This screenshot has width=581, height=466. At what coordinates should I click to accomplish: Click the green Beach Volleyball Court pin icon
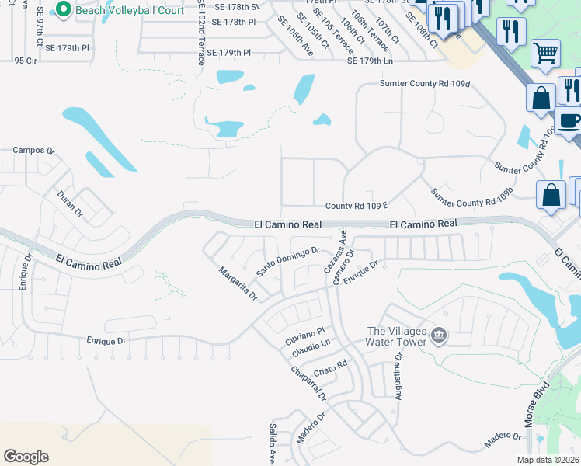pyautogui.click(x=63, y=10)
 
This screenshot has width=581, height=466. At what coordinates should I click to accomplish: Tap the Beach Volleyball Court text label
pyautogui.click(x=129, y=10)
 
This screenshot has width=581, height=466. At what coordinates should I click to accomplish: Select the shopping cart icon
pyautogui.click(x=545, y=54)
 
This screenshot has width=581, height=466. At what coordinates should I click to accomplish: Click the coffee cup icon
pyautogui.click(x=569, y=121)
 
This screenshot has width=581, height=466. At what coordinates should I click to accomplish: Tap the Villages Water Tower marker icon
pyautogui.click(x=439, y=336)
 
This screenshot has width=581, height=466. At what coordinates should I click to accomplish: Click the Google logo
pyautogui.click(x=26, y=457)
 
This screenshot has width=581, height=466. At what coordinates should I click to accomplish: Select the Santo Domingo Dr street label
pyautogui.click(x=288, y=262)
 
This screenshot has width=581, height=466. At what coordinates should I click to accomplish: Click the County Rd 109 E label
pyautogui.click(x=356, y=206)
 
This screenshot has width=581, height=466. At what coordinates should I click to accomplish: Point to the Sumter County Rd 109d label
pyautogui.click(x=426, y=83)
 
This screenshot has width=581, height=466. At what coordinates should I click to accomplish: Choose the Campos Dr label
pyautogui.click(x=35, y=150)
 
